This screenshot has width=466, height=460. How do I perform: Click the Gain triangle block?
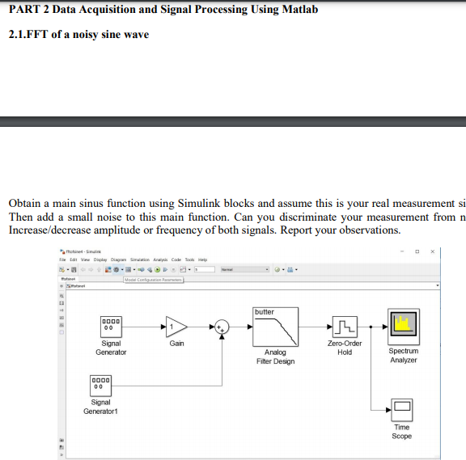pos(176,326)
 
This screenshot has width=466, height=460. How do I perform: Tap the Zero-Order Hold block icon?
pos(344,326)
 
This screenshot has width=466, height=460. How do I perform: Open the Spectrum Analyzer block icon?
pos(403,326)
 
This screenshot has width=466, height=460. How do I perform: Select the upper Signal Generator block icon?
pos(111,326)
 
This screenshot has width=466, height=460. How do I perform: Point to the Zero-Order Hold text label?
pos(345,348)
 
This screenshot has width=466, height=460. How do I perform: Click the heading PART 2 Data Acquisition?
pos(163,10)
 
